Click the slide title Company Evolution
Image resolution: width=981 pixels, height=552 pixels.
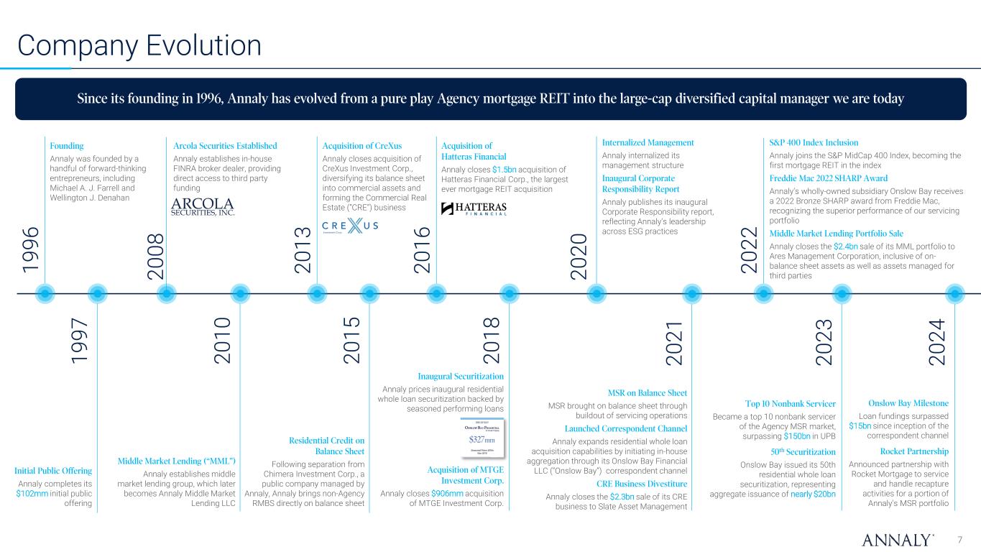tap(139, 45)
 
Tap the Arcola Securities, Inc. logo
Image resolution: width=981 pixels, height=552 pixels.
tap(203, 206)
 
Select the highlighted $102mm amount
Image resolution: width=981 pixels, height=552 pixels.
tap(32, 494)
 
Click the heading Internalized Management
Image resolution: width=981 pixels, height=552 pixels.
tap(648, 142)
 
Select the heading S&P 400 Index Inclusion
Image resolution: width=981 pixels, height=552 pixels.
tap(814, 142)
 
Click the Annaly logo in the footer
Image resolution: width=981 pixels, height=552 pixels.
tap(898, 539)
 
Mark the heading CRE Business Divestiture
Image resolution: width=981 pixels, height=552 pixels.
tap(642, 483)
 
